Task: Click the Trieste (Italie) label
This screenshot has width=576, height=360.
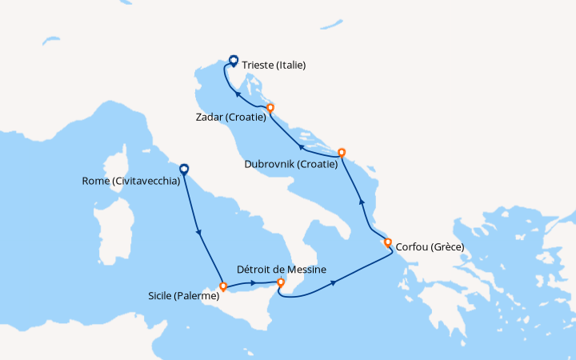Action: [274, 65]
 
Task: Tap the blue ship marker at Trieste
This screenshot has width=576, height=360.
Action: [233, 59]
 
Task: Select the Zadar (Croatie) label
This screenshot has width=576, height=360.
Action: [229, 117]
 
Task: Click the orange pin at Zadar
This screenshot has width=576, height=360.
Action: [270, 107]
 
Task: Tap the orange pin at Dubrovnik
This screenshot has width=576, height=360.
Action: [342, 152]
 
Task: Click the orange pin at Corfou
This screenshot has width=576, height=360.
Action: [388, 242]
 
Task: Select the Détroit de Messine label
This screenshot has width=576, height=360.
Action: [281, 270]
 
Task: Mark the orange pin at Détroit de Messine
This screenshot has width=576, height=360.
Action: [280, 282]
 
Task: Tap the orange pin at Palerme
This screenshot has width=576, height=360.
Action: [222, 286]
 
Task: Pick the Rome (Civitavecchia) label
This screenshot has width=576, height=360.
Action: [129, 181]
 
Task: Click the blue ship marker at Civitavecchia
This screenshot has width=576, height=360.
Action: [183, 169]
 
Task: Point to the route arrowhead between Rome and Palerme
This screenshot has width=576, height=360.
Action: [198, 233]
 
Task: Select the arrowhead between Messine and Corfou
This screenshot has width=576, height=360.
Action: [331, 282]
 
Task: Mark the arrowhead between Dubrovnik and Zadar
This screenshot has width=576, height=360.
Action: [301, 146]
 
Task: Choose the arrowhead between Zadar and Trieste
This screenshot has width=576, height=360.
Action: [237, 94]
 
